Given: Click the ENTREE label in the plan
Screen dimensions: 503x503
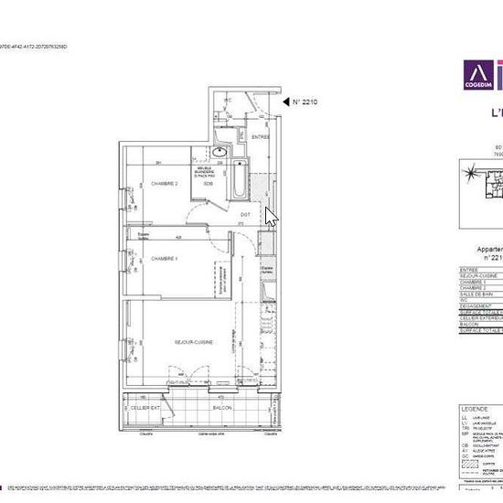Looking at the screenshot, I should click(x=262, y=137).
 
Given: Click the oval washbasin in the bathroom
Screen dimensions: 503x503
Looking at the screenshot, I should click(x=219, y=153).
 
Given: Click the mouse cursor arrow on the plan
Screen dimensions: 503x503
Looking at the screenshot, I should click(x=270, y=216).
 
